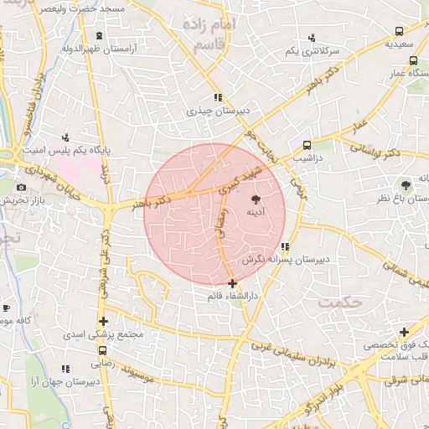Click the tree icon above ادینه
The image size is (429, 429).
(256, 198)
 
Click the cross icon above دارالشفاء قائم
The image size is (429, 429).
(232, 283)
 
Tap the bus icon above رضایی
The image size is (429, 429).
(102, 352)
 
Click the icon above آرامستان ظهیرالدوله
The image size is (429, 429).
(100, 35)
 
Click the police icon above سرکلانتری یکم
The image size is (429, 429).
(312, 37)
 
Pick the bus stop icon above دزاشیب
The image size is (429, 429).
(307, 144)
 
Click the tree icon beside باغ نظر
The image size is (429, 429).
(406, 184)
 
